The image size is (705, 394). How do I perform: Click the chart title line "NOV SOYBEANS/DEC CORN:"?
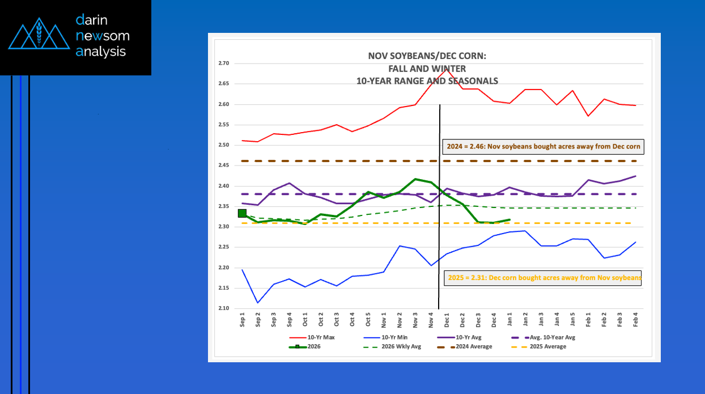[427, 56]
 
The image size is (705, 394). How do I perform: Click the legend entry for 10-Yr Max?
[319, 337]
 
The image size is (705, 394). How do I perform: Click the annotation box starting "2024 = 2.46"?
[542, 146]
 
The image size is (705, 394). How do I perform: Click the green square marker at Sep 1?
[242, 213]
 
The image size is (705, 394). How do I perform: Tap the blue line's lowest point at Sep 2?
[258, 303]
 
